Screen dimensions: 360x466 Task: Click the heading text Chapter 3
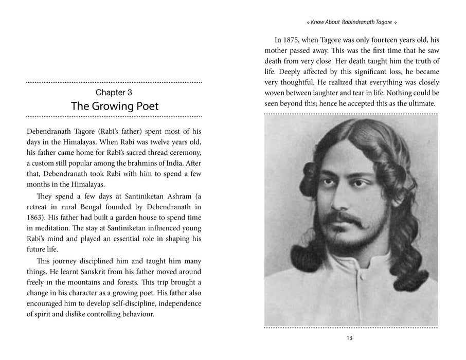click(x=114, y=93)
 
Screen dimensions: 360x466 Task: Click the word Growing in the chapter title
click(x=112, y=106)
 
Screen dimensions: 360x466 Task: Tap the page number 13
click(x=350, y=338)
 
